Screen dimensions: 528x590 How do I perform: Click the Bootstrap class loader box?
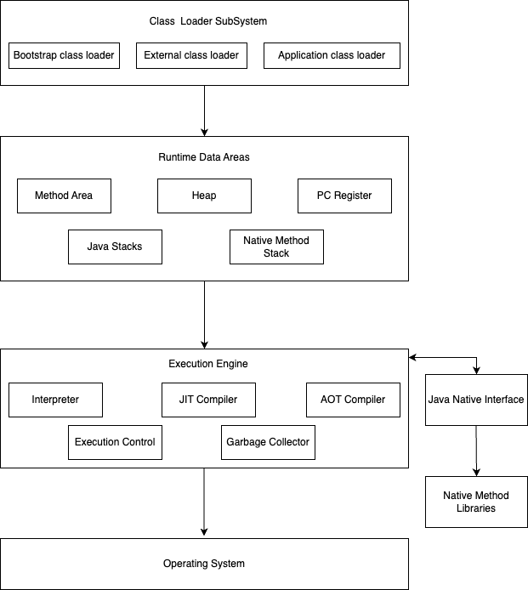pos(64,56)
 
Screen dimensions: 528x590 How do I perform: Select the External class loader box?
pos(191,56)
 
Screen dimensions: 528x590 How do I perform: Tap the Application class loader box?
pos(332,56)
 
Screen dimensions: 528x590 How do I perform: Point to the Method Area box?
pos(64,196)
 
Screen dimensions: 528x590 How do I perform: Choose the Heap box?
pos(204,196)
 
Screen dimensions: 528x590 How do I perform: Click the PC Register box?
pos(344,196)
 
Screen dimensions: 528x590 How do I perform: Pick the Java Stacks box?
pos(115,247)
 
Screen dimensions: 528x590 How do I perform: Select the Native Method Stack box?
pos(276,247)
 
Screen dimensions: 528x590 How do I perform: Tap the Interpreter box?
pos(56,400)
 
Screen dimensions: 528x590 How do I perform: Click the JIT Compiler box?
pos(208,400)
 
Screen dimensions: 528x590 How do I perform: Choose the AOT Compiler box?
pos(354,400)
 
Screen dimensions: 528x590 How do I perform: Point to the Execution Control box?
pos(115,442)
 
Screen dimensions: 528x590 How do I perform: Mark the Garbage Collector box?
pos(269,442)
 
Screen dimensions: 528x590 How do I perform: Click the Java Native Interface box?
pos(476,400)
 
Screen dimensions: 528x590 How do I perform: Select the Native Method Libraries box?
pos(476,502)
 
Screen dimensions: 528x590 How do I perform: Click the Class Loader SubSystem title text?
pos(208,21)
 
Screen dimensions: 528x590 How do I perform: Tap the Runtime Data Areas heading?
pos(204,157)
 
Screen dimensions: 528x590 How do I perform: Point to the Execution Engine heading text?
pos(208,364)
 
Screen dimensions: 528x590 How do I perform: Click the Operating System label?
pos(204,564)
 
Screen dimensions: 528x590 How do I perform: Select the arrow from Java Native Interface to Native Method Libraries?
pos(476,451)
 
